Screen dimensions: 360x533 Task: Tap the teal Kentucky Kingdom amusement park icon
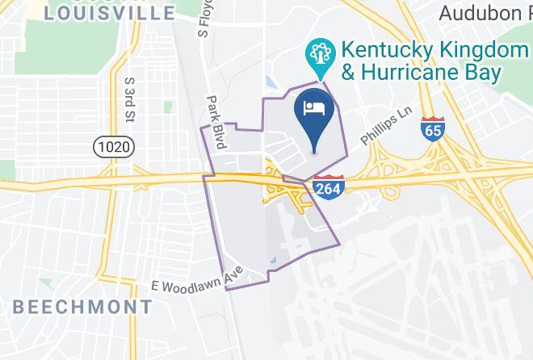pyautogui.click(x=321, y=56)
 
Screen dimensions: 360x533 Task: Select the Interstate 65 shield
pyautogui.click(x=431, y=129)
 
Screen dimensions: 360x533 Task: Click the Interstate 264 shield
pyautogui.click(x=327, y=188)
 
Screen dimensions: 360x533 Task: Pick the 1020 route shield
pyautogui.click(x=113, y=146)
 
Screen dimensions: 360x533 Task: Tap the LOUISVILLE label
pyautogui.click(x=110, y=13)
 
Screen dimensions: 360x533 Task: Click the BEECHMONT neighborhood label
pyautogui.click(x=82, y=307)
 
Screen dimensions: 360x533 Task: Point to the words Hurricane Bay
pyautogui.click(x=432, y=73)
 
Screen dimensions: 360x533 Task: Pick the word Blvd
pyautogui.click(x=219, y=137)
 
